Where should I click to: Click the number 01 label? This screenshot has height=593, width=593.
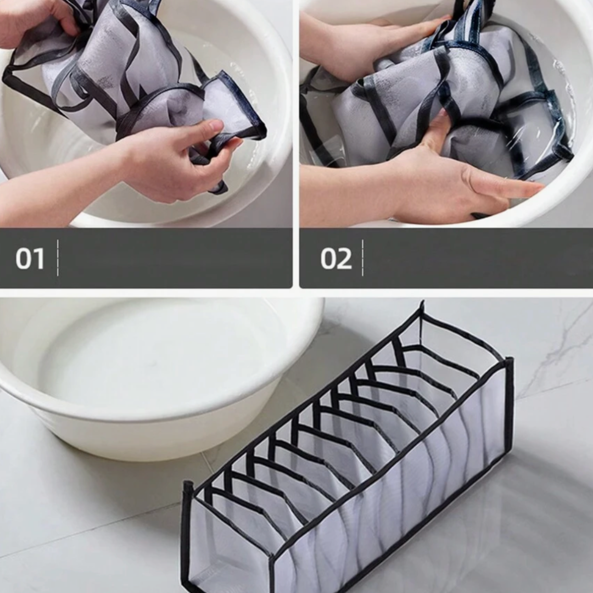[x=30, y=259]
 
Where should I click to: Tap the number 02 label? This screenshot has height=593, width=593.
[x=336, y=259]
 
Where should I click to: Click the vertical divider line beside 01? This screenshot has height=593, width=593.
[x=58, y=258]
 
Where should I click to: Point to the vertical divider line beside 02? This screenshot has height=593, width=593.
[x=363, y=258]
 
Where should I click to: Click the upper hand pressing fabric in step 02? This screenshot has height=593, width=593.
[x=378, y=46]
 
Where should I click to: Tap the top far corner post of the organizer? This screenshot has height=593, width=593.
[x=422, y=308]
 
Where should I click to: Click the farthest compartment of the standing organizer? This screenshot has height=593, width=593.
[x=454, y=340]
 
